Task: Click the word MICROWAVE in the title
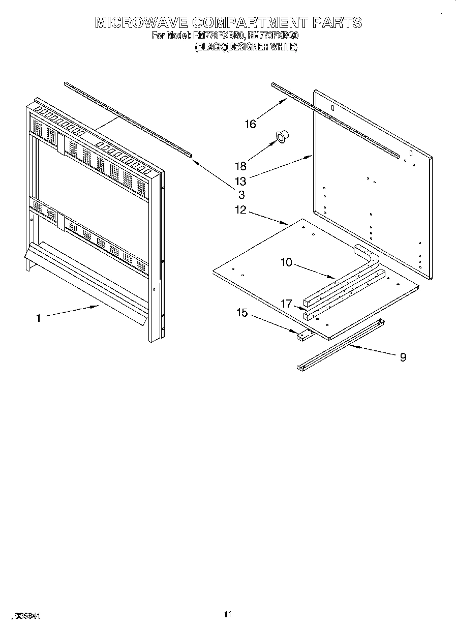[141, 22]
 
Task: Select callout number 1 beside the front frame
[38, 318]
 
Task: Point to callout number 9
[403, 357]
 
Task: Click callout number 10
[286, 262]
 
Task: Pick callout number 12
[240, 209]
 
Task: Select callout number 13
[240, 181]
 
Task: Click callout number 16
[250, 124]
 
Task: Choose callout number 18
[240, 166]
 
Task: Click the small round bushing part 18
[282, 136]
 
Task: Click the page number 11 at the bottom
[228, 615]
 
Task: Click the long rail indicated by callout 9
[341, 346]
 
